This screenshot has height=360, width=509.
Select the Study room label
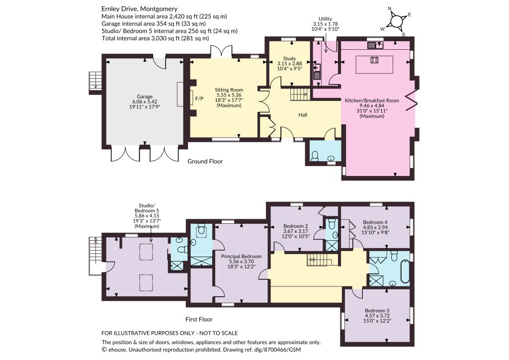click(x=289, y=59)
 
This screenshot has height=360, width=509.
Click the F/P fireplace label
click(x=199, y=98)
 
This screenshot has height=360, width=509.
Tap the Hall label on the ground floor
click(x=303, y=115)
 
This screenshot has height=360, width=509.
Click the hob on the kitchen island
click(x=374, y=60)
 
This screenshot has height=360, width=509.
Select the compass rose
click(x=397, y=21)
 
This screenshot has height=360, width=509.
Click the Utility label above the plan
click(x=325, y=19)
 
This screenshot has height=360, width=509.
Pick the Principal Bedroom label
click(x=241, y=257)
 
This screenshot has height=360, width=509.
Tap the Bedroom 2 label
click(x=295, y=226)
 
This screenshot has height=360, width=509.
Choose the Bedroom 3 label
click(x=377, y=311)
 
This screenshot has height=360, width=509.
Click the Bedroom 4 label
click(x=375, y=222)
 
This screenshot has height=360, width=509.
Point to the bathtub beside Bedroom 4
click(x=405, y=270)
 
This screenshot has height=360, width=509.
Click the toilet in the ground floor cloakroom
click(x=315, y=156)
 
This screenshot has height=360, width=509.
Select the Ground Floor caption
click(x=205, y=161)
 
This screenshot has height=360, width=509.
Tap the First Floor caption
click(x=199, y=319)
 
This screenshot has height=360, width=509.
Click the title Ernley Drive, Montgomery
click(x=139, y=9)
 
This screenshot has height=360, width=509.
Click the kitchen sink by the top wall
click(x=376, y=45)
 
